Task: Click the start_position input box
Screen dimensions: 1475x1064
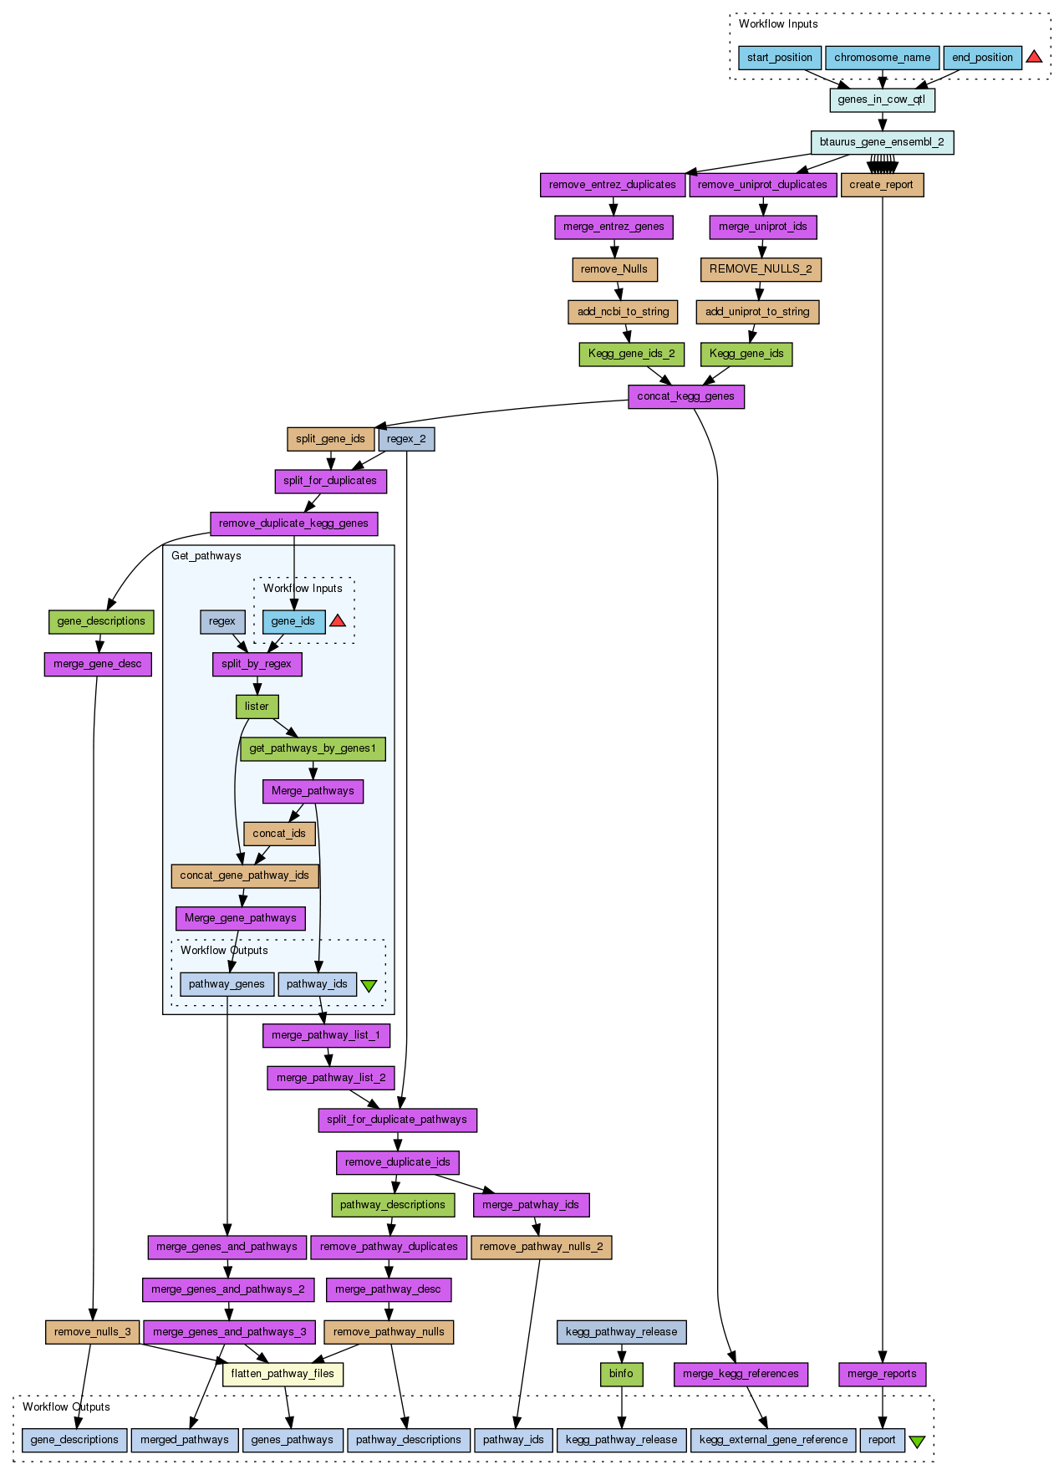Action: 779,58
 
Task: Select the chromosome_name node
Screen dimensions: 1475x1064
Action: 882,58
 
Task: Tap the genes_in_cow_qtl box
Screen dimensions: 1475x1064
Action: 881,100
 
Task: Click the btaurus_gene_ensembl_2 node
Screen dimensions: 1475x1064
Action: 881,142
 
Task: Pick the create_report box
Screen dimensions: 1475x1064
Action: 881,185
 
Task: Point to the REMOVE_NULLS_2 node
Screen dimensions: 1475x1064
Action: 760,269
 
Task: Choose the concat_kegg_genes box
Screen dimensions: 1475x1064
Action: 685,396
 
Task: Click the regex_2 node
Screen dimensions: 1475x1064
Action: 406,439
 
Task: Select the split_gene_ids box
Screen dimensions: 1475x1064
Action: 330,439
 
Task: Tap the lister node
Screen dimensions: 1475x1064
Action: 257,707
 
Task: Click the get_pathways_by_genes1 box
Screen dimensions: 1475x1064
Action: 313,748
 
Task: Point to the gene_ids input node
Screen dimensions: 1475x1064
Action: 293,621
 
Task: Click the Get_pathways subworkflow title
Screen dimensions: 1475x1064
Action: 206,556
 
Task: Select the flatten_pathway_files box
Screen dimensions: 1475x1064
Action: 283,1374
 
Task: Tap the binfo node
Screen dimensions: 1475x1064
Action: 621,1374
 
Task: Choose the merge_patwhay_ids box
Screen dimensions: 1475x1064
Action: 530,1205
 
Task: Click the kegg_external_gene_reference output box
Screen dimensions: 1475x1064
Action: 773,1440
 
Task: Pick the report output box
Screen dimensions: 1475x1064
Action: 882,1440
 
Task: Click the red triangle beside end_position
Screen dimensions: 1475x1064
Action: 1034,57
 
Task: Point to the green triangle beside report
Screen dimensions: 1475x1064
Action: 917,1442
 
